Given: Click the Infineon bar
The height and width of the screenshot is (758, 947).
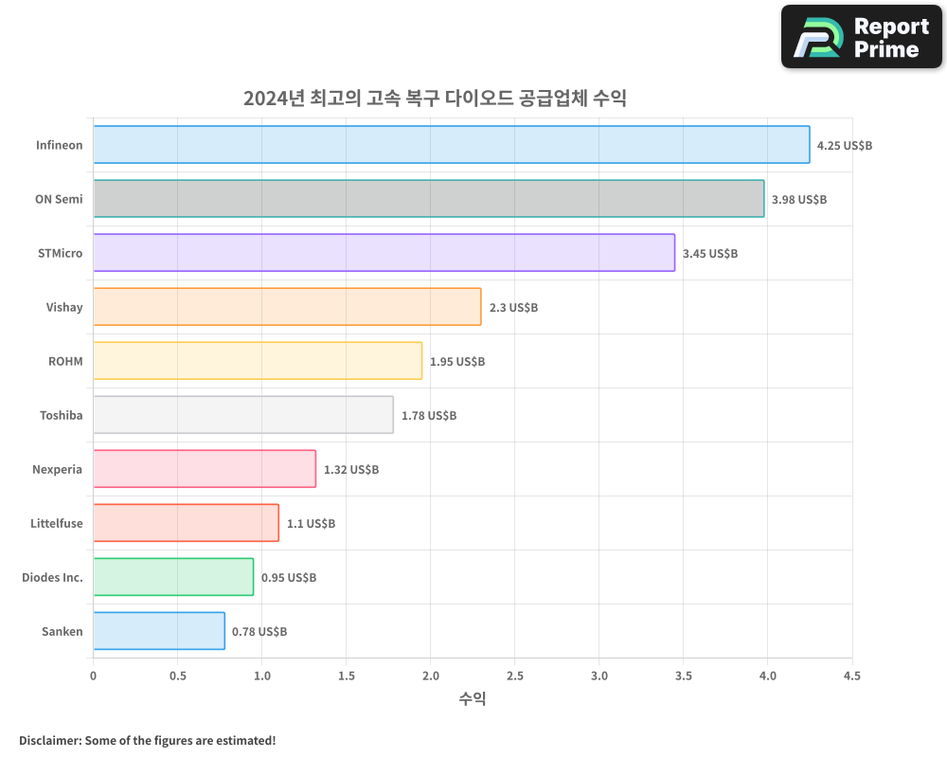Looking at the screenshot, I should click(x=451, y=145).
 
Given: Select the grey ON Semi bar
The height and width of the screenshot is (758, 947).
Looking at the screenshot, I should click(x=428, y=199).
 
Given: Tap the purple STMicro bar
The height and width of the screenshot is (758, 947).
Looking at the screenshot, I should click(x=384, y=253).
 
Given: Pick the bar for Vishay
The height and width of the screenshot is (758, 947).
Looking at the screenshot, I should click(x=287, y=307).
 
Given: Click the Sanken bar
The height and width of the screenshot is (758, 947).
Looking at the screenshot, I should click(x=159, y=631).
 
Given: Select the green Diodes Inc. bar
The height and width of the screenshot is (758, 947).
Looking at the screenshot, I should click(x=173, y=577).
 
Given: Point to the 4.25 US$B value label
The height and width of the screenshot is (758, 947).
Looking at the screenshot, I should click(x=845, y=146).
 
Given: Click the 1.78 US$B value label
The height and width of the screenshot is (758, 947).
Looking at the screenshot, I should click(x=428, y=416).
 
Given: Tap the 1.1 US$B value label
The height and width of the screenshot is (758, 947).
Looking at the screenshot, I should click(x=311, y=524).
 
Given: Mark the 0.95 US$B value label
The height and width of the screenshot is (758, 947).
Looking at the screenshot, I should click(x=289, y=578).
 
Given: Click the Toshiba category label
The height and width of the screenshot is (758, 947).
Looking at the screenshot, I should click(x=61, y=415).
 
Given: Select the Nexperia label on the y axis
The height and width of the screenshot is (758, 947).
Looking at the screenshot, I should click(x=57, y=469).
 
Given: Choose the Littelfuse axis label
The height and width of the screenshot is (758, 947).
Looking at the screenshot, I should click(x=56, y=523).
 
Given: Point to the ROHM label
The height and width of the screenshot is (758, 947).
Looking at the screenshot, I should click(x=65, y=361).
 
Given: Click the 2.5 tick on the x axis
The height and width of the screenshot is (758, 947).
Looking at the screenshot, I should click(x=515, y=676).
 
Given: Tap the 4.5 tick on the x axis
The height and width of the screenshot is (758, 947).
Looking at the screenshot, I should click(x=852, y=676).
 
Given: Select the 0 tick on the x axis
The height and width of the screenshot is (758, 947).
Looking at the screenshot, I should click(x=93, y=676).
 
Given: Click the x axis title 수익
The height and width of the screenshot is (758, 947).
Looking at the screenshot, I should click(x=473, y=699).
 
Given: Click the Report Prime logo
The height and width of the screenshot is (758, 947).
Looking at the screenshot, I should click(x=862, y=37).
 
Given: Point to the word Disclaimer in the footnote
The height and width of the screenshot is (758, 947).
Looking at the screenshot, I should click(x=49, y=740).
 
